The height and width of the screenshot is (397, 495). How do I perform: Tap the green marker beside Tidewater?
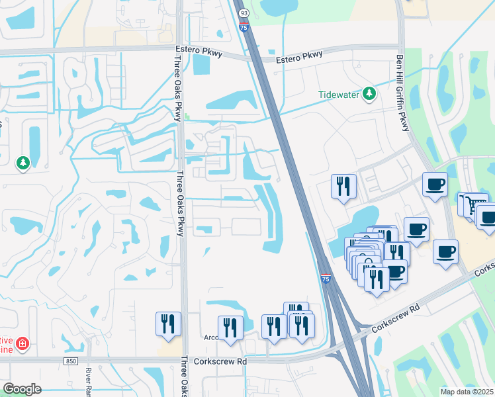[x=369, y=95]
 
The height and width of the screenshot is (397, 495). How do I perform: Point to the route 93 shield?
[x=244, y=13]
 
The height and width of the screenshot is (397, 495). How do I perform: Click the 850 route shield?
[x=70, y=361]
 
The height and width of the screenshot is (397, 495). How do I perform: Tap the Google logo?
[x=22, y=389]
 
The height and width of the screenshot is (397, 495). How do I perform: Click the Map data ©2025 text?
[x=467, y=392]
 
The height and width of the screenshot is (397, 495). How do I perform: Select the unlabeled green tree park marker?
[x=23, y=163]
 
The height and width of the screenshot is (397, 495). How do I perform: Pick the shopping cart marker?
[x=471, y=203]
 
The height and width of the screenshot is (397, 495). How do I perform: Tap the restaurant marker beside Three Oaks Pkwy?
[x=168, y=324]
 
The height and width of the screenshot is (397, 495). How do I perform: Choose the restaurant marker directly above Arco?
[x=230, y=327]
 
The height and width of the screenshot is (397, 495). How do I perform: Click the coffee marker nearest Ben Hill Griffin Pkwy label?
[x=435, y=184]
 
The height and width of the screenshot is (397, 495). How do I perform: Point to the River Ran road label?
[x=88, y=382]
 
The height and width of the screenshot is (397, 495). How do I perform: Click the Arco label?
[x=211, y=337]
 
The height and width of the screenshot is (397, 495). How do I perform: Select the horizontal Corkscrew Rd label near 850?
[x=221, y=361]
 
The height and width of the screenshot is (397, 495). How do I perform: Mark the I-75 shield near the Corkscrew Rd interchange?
[x=326, y=279]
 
